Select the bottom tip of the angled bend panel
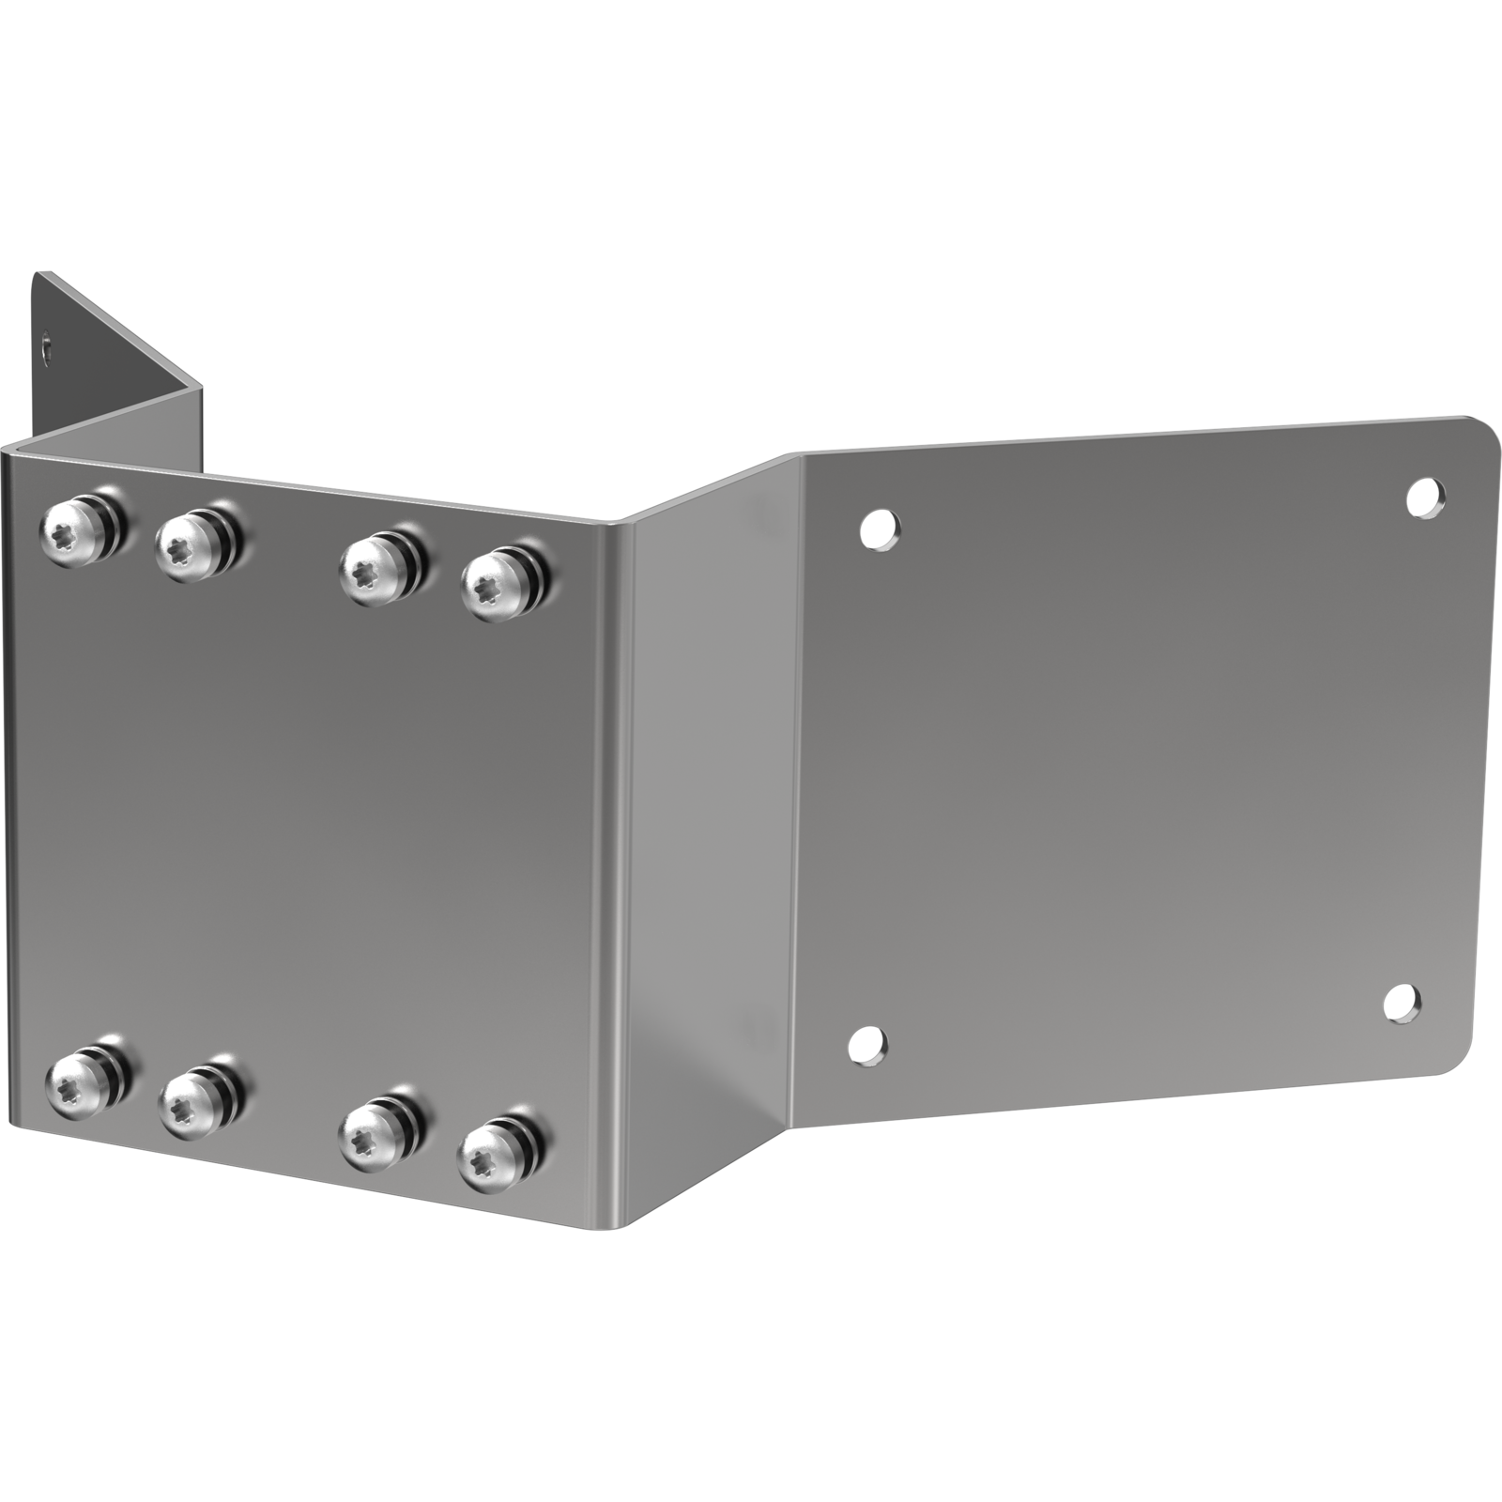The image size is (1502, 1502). click(x=625, y=1224)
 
